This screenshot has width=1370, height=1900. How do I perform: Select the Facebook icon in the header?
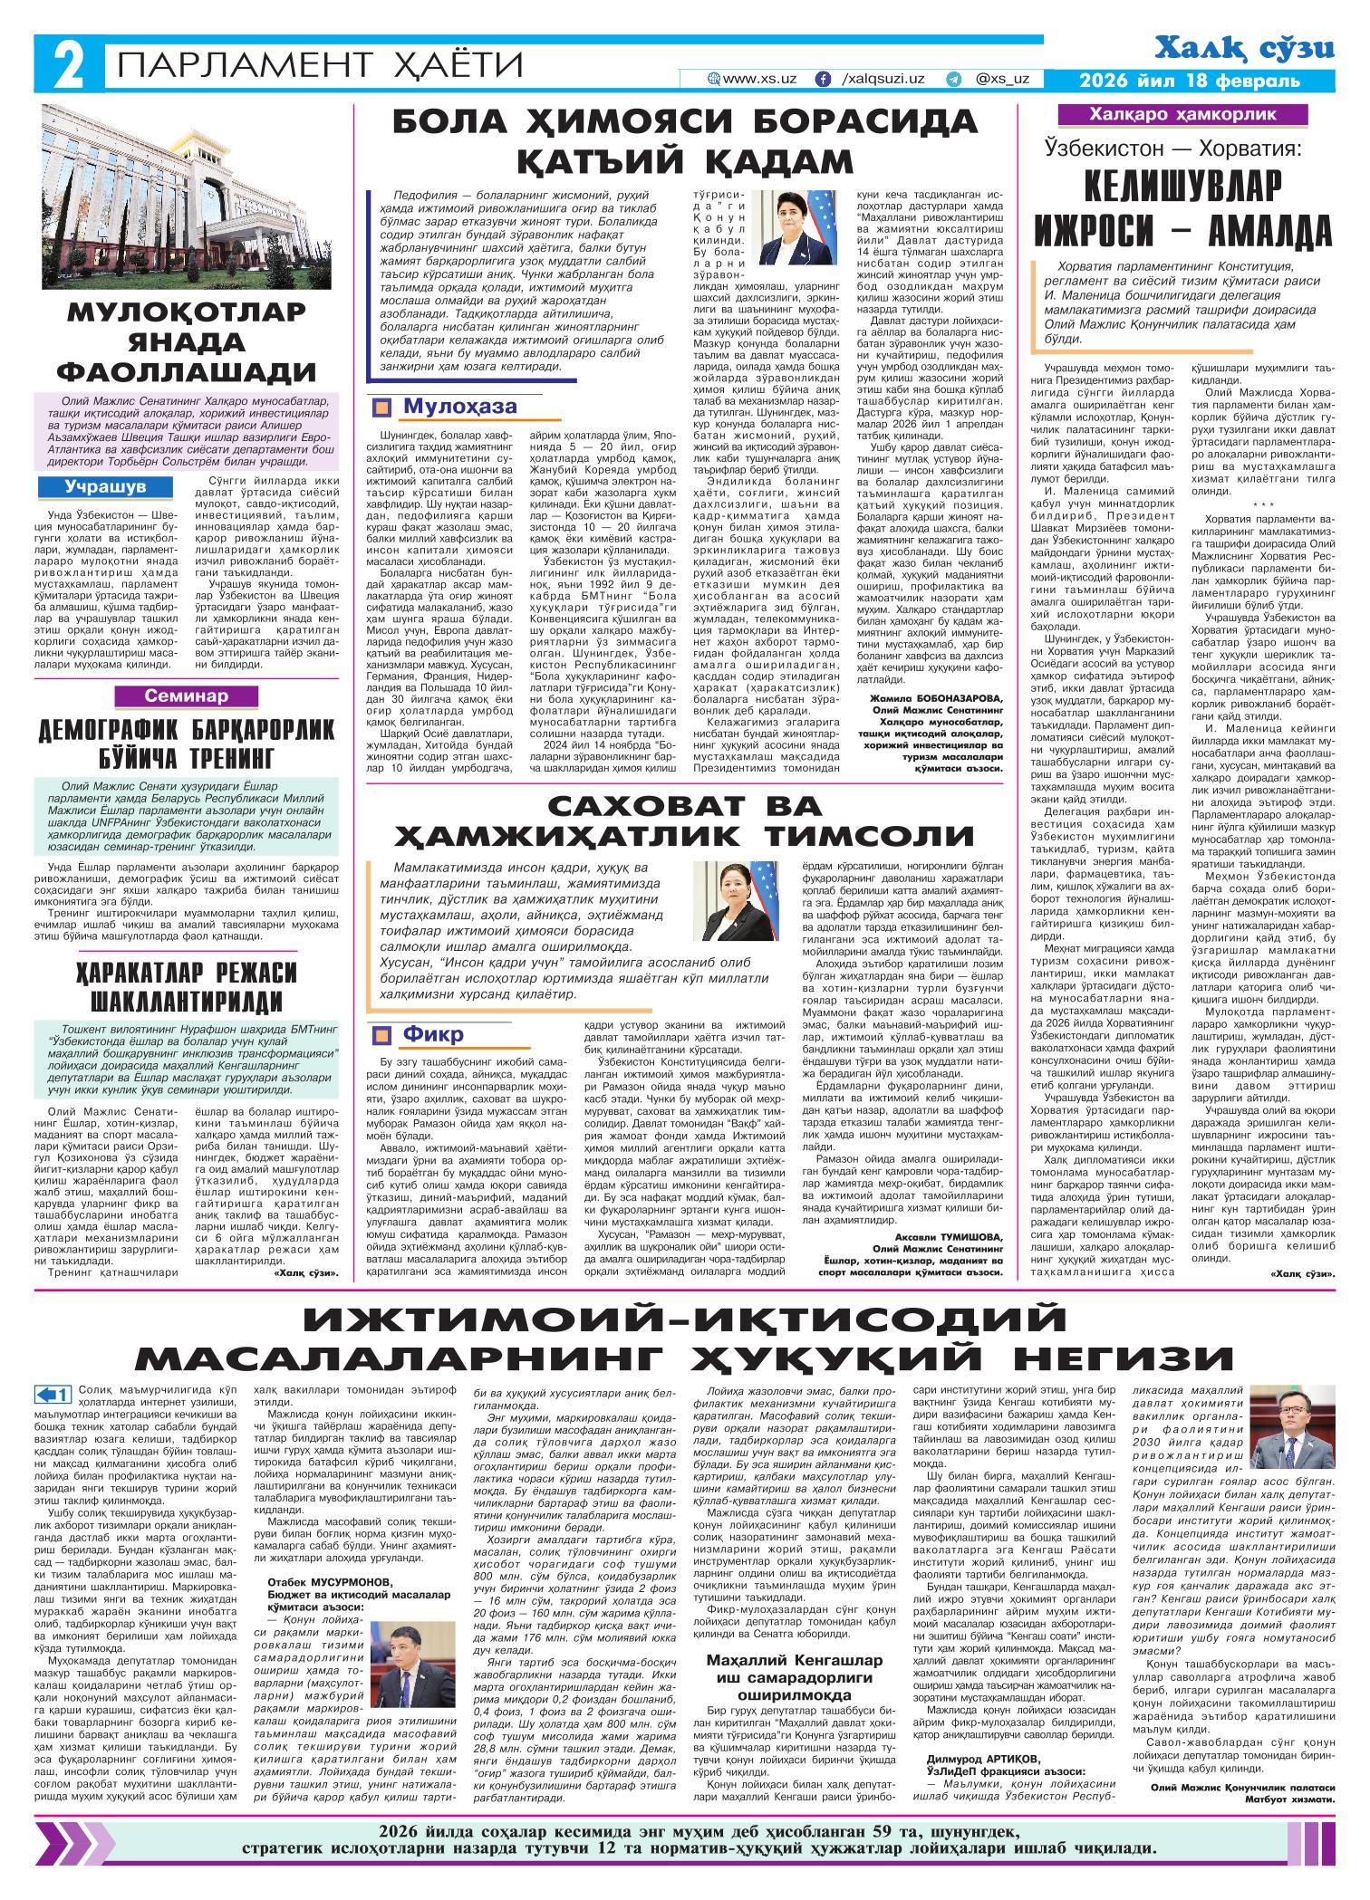point(823,80)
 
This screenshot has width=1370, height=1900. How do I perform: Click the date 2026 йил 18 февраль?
point(1188,81)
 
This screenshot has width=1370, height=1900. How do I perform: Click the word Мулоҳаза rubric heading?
point(449,407)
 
